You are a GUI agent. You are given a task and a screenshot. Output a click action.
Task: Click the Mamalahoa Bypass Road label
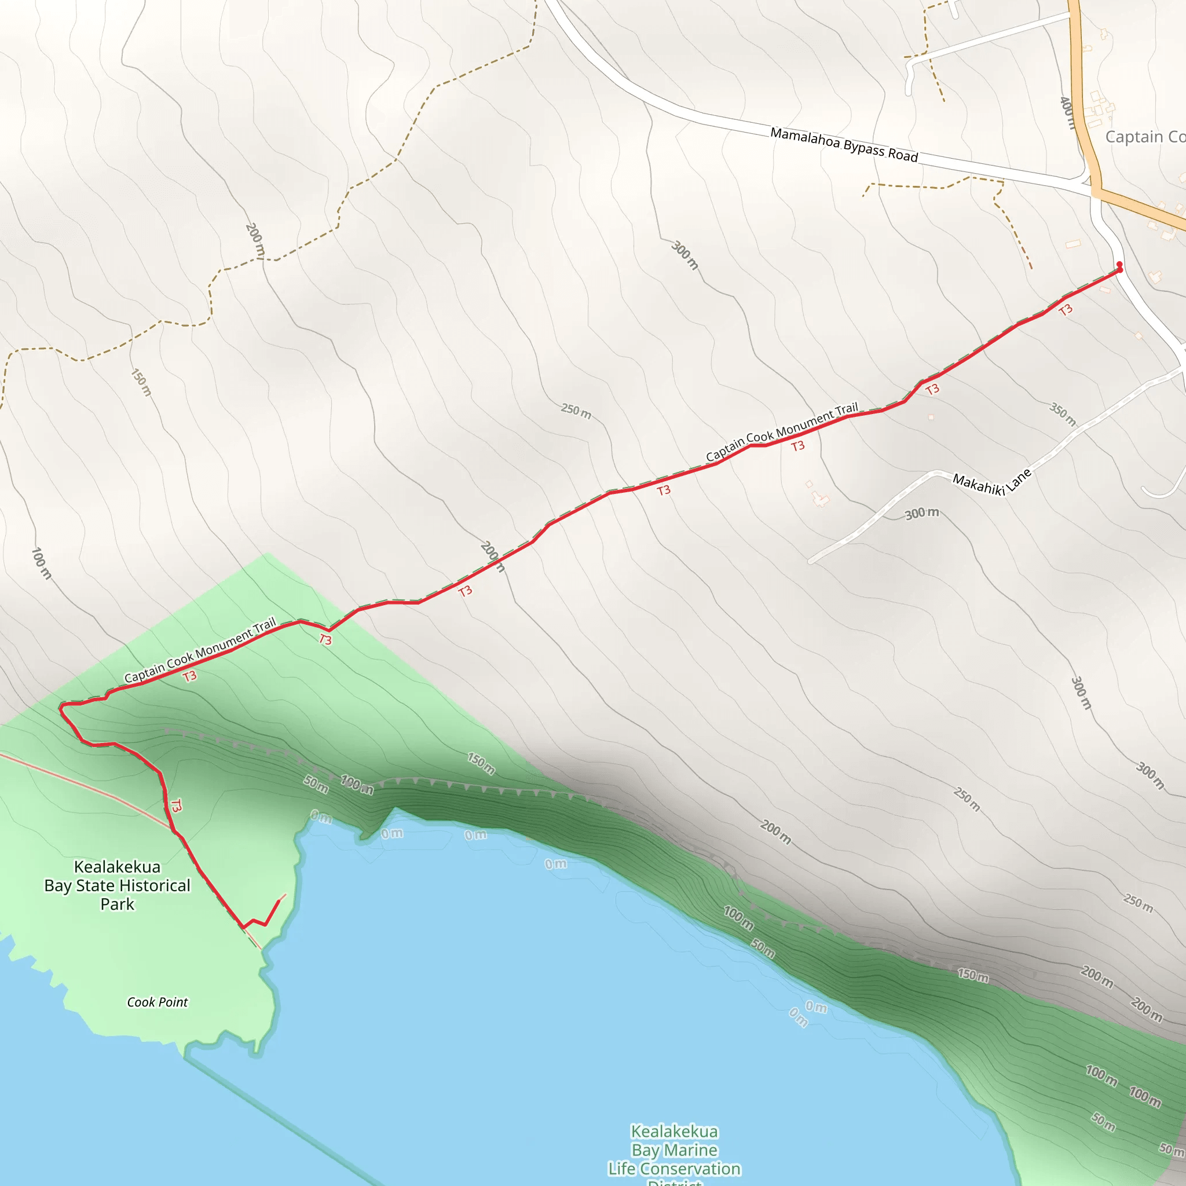(844, 144)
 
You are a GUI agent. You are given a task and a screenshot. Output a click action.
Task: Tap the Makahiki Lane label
(991, 482)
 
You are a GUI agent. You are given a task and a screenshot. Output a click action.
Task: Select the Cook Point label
(157, 1002)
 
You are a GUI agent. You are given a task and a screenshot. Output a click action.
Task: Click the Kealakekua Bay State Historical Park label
(117, 885)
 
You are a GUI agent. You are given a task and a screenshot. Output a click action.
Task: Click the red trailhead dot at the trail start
(1119, 265)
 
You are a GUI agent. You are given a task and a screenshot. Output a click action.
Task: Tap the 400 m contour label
(1068, 113)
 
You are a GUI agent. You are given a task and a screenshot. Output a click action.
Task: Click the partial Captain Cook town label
(1144, 137)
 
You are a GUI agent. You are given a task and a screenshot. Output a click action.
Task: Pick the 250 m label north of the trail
(576, 411)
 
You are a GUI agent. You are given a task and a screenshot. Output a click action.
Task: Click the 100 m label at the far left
(41, 563)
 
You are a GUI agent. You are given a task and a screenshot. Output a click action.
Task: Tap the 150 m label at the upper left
(141, 382)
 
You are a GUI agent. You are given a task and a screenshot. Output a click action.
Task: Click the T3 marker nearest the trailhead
(1066, 309)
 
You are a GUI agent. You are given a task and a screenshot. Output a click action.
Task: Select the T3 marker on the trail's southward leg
(176, 806)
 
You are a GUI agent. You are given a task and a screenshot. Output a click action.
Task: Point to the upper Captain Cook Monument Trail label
(781, 432)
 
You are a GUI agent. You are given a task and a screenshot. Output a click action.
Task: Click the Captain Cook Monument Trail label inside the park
(200, 650)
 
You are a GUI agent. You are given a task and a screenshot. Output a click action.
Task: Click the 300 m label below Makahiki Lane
(921, 513)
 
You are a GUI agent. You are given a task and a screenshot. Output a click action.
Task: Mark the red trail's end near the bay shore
(280, 900)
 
